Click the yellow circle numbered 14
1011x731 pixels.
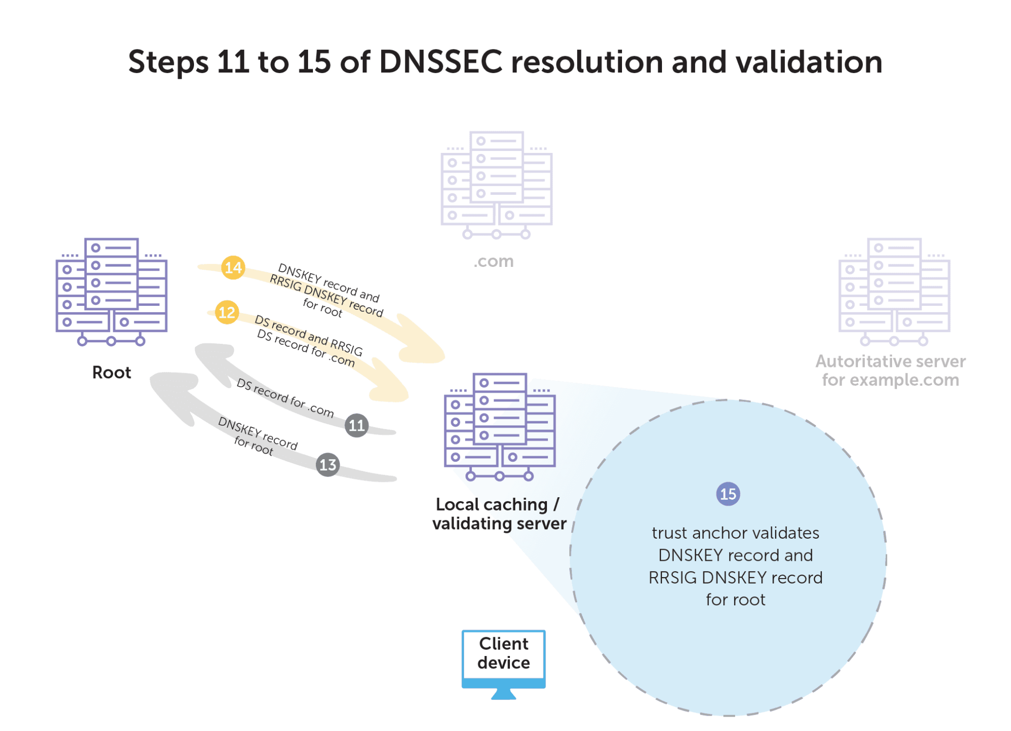point(233,268)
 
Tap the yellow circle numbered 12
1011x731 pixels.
point(227,312)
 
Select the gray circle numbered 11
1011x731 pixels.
point(356,425)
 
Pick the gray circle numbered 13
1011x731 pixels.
point(328,465)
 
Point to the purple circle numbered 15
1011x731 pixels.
point(728,494)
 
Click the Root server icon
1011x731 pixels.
point(112,292)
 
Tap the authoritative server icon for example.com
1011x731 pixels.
point(894,292)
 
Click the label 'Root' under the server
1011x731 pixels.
point(112,372)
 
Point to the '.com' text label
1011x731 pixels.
point(494,261)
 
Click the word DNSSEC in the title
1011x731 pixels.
point(441,62)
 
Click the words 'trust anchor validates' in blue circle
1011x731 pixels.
point(735,533)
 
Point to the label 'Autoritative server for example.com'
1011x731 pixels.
point(891,370)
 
